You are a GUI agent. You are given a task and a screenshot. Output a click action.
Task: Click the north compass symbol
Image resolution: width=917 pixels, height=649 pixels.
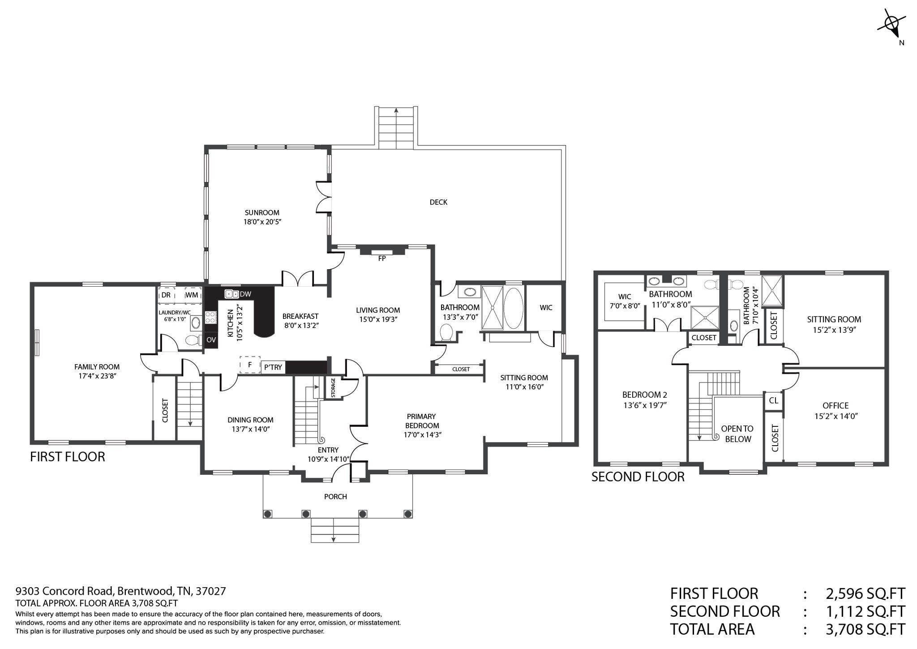point(892,26)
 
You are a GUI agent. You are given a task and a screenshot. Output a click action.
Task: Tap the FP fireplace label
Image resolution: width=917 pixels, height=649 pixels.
point(382,258)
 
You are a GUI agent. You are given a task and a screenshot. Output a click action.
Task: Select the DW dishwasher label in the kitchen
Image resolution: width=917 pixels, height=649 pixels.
point(245,294)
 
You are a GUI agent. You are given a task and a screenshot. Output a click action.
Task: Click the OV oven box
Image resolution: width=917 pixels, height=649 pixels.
point(211,340)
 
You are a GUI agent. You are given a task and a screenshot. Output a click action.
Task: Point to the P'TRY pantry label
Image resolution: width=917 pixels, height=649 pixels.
point(273,367)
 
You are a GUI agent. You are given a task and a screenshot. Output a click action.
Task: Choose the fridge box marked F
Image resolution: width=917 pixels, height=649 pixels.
point(250,365)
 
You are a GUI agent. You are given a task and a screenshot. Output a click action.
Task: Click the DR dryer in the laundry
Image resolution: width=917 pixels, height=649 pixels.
point(166,295)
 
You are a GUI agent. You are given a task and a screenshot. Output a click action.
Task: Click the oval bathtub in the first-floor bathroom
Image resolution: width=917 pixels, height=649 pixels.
point(514,308)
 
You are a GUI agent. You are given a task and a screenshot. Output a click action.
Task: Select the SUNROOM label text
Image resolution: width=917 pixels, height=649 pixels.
point(262,213)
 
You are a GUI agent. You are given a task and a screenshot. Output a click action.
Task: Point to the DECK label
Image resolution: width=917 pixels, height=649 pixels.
point(438,202)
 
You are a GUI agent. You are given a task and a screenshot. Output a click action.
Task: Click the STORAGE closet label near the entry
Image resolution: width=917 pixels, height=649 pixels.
point(333,388)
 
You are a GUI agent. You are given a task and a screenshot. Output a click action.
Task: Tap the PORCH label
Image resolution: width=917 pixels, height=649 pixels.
point(335,496)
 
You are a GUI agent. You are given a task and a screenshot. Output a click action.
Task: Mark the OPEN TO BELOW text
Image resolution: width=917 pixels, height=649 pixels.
point(737,434)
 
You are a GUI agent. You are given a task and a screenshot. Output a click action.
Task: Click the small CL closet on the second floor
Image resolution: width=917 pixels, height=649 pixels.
point(773,400)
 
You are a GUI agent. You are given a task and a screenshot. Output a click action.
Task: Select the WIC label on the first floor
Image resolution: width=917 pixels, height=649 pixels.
point(546,307)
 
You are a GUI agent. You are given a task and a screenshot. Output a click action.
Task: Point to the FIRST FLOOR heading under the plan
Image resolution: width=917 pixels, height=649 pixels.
point(68,457)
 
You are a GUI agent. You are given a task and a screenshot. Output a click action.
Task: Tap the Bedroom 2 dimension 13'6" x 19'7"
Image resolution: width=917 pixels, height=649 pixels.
point(645,405)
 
